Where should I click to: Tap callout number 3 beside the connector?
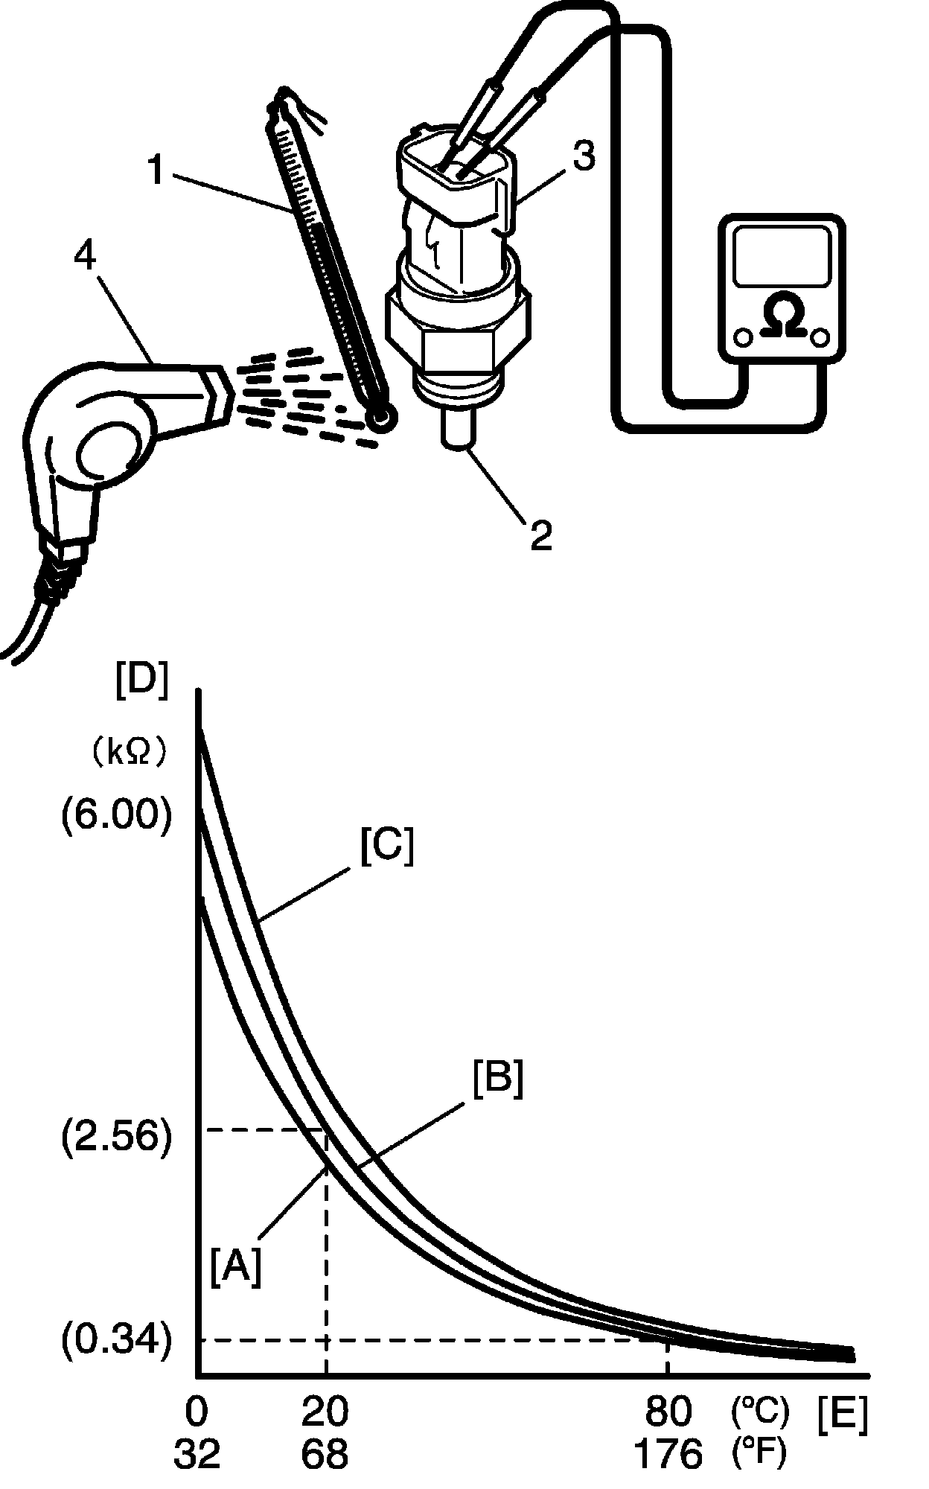[x=584, y=158]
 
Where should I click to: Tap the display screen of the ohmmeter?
[x=782, y=255]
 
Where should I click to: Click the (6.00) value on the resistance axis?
[x=117, y=817]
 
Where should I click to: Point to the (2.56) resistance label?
[x=117, y=1137]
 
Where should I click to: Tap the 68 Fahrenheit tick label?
[x=325, y=1452]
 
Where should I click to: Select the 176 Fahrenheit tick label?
[x=668, y=1452]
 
